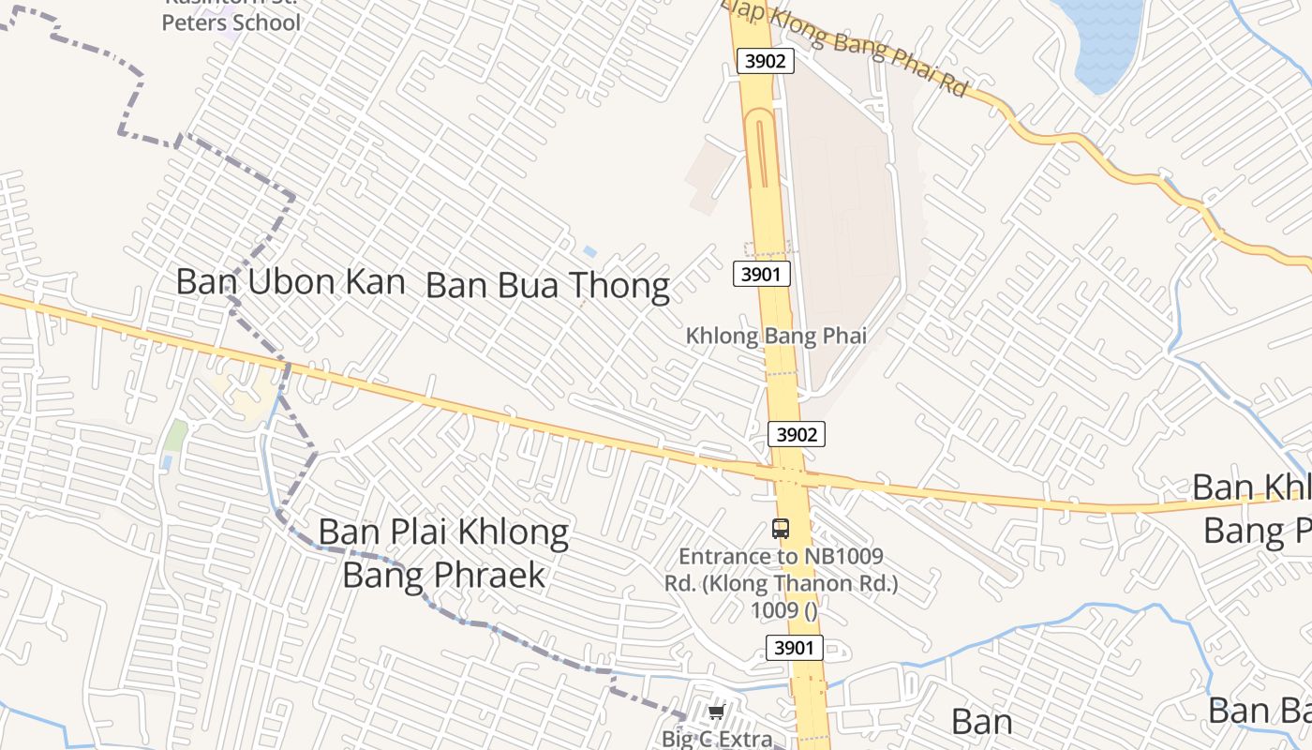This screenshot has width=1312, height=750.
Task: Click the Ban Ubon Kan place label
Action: coord(291,282)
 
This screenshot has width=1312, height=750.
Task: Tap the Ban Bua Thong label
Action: coord(547,286)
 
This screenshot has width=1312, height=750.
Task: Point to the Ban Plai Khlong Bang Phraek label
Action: coord(443,553)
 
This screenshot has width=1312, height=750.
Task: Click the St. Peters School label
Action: coord(231,21)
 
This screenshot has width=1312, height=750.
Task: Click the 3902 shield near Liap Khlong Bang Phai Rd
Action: coord(766,62)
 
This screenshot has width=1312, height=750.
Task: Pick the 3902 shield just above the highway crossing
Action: coord(797,434)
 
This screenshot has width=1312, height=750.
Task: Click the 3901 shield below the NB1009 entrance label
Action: coord(795,647)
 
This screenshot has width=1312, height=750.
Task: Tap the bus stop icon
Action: coord(781,529)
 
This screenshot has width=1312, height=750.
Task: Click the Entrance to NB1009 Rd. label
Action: coord(782,583)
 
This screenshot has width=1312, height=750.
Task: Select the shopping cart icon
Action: coord(717,712)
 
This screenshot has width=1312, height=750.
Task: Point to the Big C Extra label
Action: coord(718,738)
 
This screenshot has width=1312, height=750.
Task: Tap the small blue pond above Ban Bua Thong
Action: coord(589,252)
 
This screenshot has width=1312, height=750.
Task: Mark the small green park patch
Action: coord(175,434)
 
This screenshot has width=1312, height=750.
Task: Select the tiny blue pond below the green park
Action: coord(166,462)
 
